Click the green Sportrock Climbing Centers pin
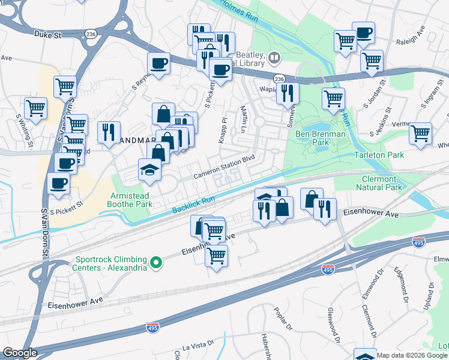[156, 262]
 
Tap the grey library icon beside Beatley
[274, 58]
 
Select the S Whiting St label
[28, 131]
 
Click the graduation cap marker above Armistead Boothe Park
[149, 170]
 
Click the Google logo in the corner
[20, 353]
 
